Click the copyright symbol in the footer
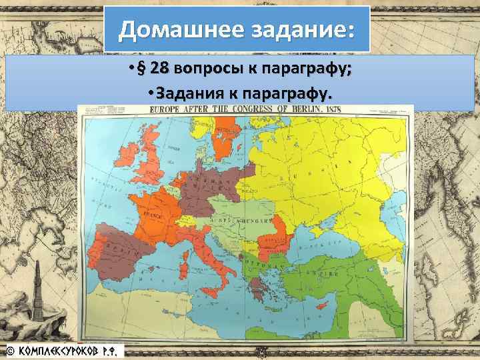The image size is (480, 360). [11, 349]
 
